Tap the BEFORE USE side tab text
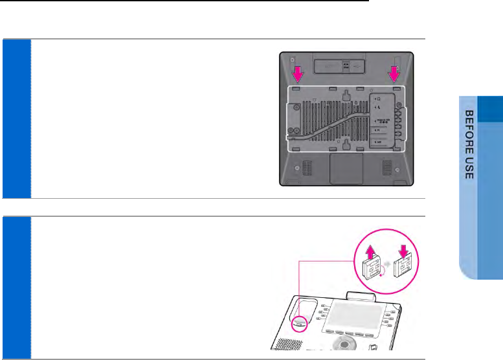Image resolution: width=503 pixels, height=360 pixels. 471,145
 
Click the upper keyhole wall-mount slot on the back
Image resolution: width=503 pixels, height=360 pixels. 346,94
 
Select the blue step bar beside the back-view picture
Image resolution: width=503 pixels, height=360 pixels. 16,118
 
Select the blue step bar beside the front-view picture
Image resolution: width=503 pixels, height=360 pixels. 16,287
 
